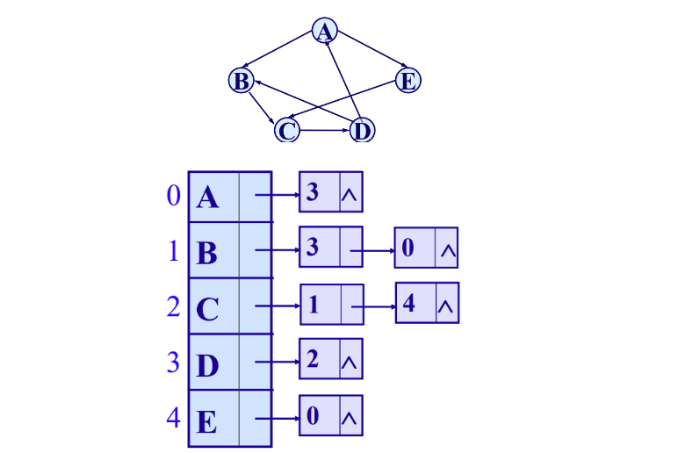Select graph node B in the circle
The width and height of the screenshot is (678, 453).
pos(240,82)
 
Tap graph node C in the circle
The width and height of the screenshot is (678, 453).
pos(286,131)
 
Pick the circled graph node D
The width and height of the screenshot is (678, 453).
pos(361,131)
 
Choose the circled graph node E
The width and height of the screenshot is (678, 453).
pos(407,82)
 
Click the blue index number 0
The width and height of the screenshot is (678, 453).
pos(173,195)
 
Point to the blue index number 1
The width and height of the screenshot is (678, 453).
pos(173,251)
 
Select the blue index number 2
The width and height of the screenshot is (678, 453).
pos(173,307)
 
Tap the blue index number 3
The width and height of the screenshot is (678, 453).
pos(173,362)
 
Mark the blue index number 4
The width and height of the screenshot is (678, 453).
pos(173,418)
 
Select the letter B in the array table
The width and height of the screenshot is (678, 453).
pos(207,254)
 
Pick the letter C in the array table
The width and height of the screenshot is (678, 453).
pos(208,310)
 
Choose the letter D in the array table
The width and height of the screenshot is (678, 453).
pos(208,365)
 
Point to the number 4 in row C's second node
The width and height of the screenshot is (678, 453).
pos(409,303)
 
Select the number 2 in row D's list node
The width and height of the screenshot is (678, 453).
pos(313,359)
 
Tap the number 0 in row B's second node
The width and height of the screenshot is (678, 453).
pos(408,248)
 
